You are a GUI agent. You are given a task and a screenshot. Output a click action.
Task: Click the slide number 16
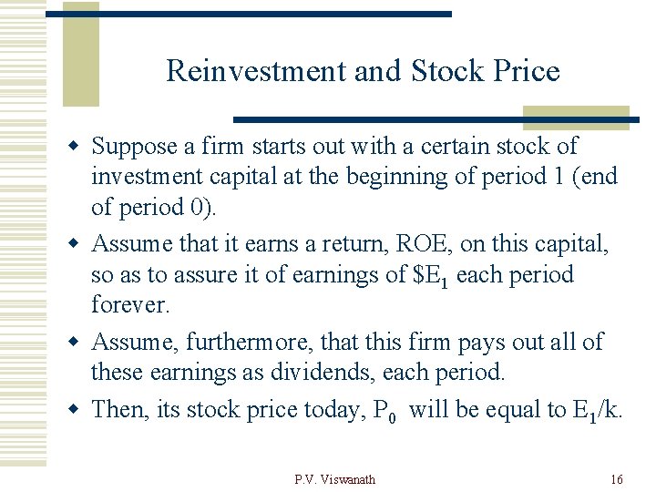click(617, 479)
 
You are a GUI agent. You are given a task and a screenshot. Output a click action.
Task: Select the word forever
click(130, 305)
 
